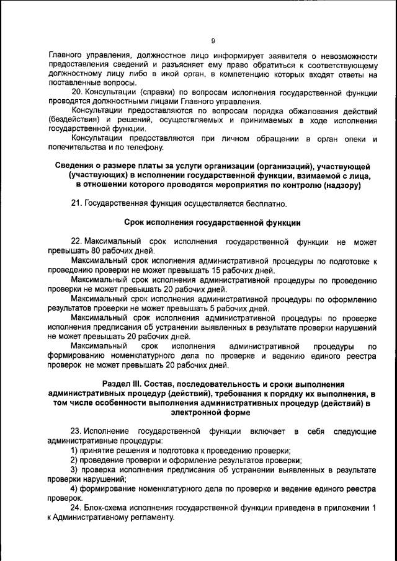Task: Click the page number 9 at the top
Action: click(x=212, y=41)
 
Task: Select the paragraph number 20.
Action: click(x=78, y=93)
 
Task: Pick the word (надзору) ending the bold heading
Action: click(x=342, y=185)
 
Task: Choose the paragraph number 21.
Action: click(x=78, y=203)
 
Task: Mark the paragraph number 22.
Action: click(x=77, y=240)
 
